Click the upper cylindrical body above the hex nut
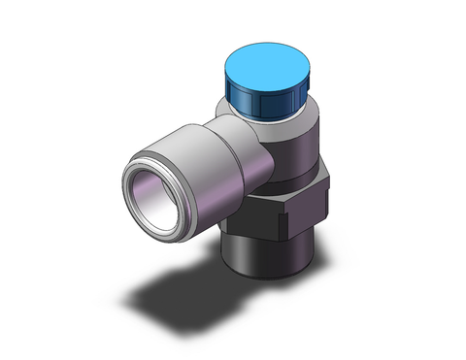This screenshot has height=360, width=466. click(291, 150)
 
